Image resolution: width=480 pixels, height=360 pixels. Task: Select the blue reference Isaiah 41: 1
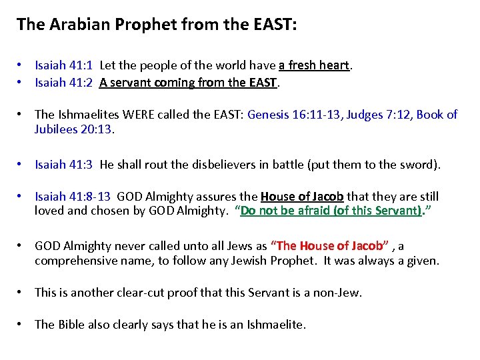click(64, 65)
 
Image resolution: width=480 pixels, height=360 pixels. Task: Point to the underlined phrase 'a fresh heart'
click(314, 65)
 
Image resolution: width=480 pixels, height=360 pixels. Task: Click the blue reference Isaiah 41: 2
click(64, 83)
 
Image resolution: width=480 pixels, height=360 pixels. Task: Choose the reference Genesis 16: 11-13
click(297, 115)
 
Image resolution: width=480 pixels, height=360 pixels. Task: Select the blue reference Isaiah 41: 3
click(64, 164)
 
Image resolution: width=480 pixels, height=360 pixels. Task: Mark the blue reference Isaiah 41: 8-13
click(73, 197)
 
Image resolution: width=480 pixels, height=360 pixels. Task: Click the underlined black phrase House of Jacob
click(302, 197)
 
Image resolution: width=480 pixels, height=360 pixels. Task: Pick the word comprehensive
click(74, 261)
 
